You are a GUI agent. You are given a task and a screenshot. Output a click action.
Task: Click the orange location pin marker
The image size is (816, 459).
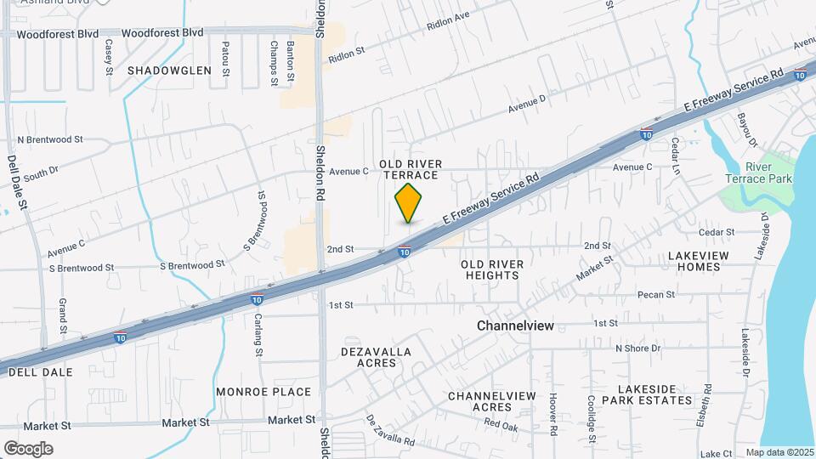click(409, 202)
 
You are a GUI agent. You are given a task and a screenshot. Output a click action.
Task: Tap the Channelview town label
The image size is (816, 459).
click(516, 326)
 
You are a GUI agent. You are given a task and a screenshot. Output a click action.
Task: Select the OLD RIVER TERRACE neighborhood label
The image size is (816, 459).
click(409, 169)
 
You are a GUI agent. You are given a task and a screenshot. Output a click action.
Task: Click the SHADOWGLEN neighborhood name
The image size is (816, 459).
click(169, 71)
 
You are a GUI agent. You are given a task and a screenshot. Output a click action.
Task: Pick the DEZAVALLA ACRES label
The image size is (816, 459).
click(376, 357)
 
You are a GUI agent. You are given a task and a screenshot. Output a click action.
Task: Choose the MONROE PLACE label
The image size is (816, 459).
click(263, 392)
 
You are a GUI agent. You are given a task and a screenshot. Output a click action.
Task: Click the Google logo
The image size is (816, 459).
click(28, 448)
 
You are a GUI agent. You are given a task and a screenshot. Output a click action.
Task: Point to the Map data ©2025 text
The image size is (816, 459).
click(779, 452)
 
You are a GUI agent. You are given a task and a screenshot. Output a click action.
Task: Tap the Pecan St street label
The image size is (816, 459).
click(657, 295)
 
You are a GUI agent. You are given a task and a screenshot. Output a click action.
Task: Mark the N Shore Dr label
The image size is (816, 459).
click(637, 348)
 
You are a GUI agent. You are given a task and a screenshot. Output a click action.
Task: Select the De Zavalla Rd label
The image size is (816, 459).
click(390, 430)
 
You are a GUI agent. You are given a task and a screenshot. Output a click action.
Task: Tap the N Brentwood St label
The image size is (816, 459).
click(50, 139)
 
